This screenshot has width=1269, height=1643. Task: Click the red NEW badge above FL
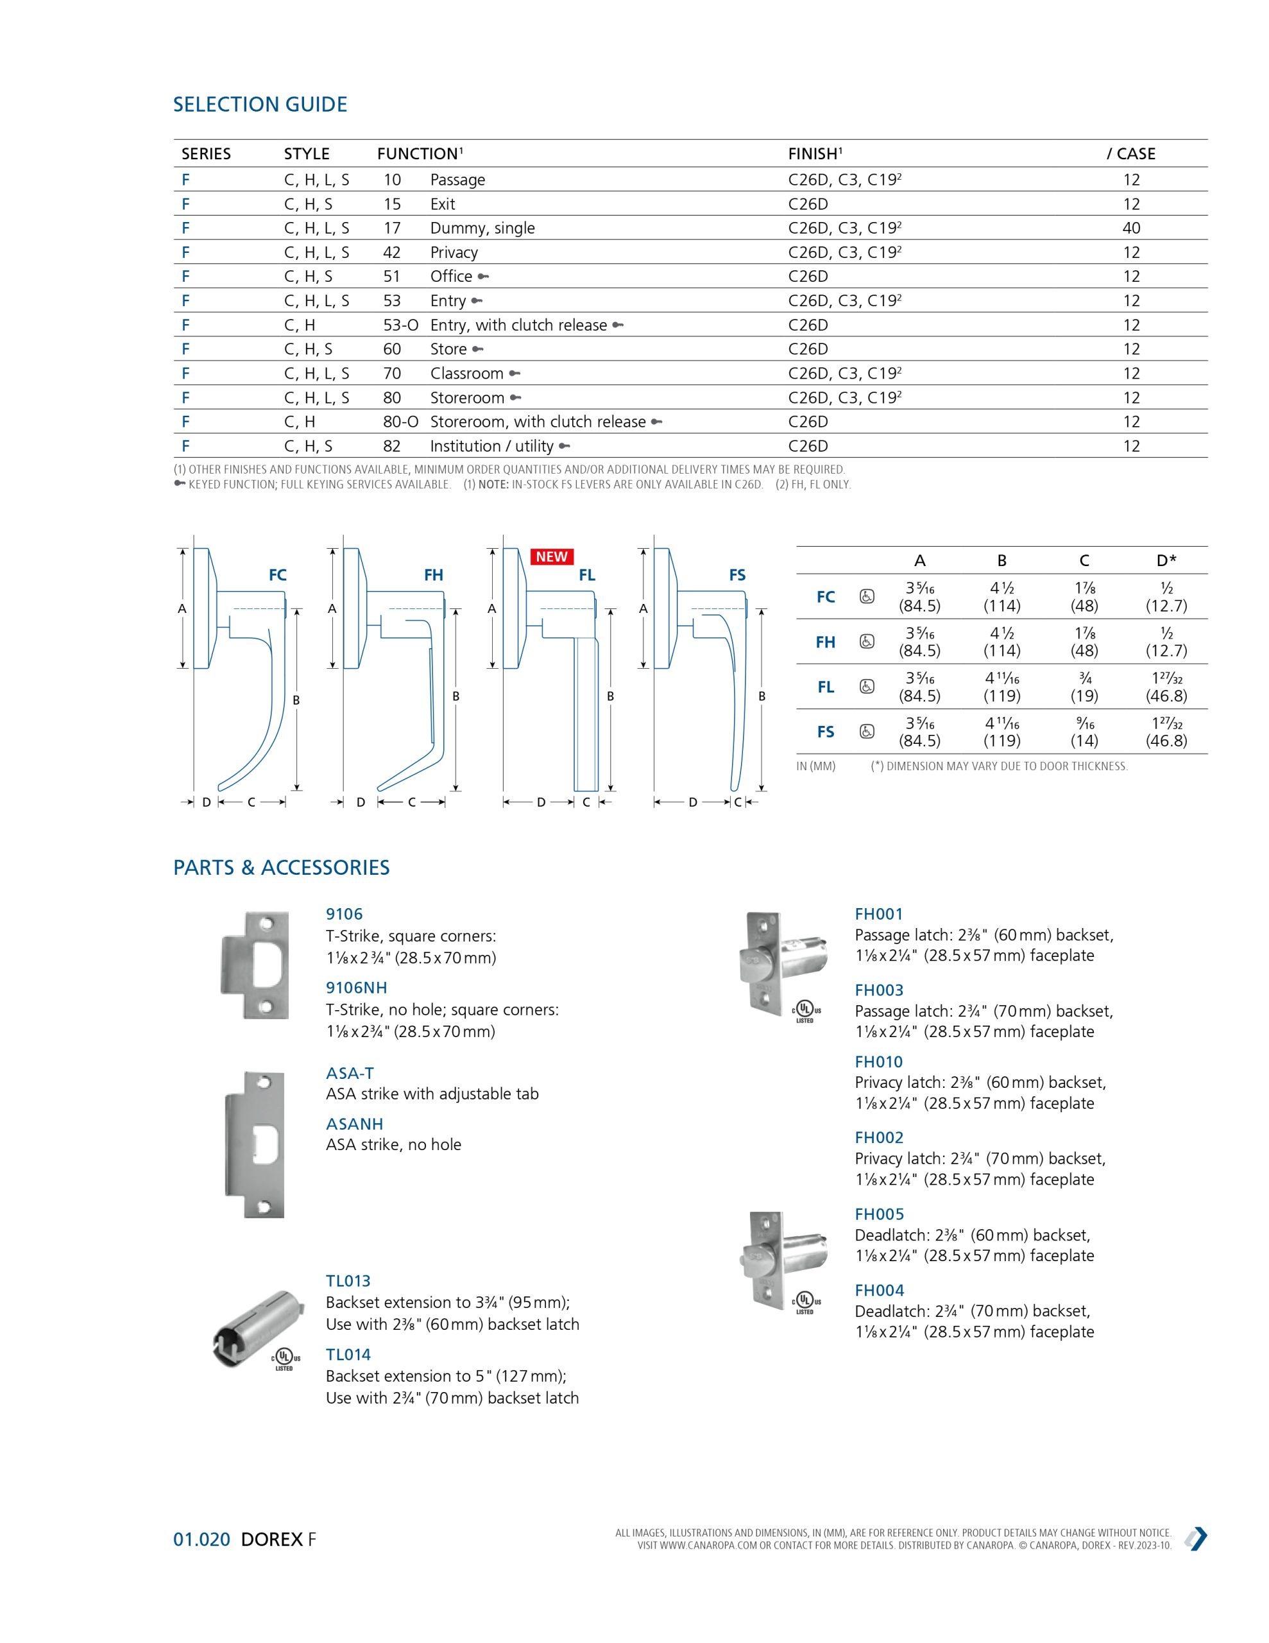(551, 556)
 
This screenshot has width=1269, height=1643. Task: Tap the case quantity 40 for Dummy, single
(1130, 228)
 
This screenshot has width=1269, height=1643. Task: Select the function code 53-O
(400, 325)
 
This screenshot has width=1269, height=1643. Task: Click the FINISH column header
(815, 153)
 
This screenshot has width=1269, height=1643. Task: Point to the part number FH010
(878, 1062)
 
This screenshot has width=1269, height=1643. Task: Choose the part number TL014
(348, 1354)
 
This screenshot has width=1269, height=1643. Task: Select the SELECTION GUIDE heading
(260, 105)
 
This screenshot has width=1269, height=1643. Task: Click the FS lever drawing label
(737, 575)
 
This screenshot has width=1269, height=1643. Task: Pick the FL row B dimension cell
(1001, 687)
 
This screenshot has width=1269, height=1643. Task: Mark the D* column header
(1166, 560)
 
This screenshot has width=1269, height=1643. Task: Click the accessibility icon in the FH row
(867, 642)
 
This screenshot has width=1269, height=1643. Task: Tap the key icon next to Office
(483, 277)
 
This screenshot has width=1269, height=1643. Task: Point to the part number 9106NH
(356, 988)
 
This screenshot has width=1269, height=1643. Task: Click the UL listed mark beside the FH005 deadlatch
(805, 1302)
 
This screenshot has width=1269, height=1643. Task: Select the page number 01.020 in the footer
(201, 1539)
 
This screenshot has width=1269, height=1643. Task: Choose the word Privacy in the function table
(454, 253)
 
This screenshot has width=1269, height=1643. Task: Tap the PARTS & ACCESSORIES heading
(282, 868)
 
